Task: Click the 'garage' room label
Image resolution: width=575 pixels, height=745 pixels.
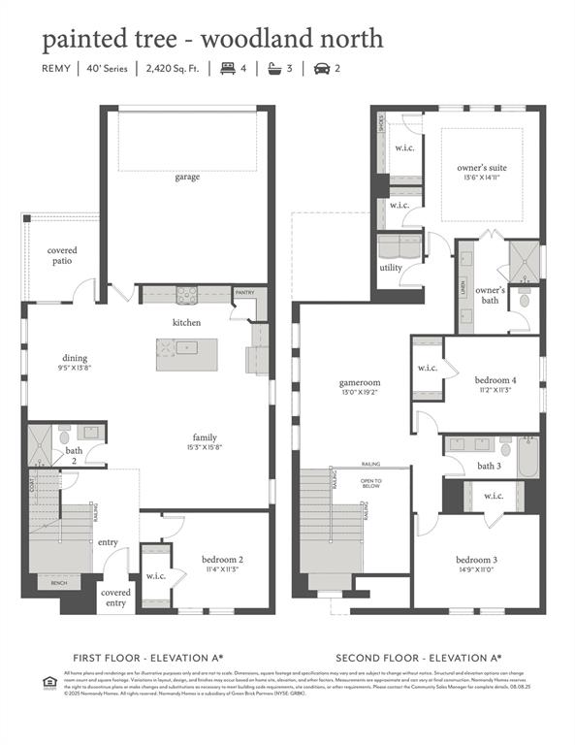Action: pyautogui.click(x=187, y=178)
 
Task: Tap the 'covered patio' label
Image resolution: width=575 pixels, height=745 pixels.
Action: pyautogui.click(x=62, y=256)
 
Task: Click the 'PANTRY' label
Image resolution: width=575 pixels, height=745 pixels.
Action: pyautogui.click(x=244, y=291)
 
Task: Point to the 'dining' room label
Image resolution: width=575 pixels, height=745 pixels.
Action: pyautogui.click(x=75, y=359)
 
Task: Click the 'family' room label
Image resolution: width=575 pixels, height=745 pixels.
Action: pyautogui.click(x=205, y=437)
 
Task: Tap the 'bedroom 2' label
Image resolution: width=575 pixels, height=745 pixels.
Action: pyautogui.click(x=222, y=561)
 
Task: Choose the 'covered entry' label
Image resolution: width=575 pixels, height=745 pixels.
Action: pyautogui.click(x=115, y=598)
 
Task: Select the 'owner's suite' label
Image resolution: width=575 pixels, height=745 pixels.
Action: pyautogui.click(x=482, y=168)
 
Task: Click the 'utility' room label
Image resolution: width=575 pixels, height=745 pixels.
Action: pyautogui.click(x=391, y=268)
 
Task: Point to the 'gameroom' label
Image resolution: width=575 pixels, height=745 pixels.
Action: pyautogui.click(x=359, y=382)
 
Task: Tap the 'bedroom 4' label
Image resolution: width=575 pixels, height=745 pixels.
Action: pyautogui.click(x=495, y=380)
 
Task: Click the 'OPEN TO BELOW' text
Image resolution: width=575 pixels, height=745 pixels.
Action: pyautogui.click(x=371, y=483)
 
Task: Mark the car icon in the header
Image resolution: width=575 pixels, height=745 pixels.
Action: pyautogui.click(x=320, y=69)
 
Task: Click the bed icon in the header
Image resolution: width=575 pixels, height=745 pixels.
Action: pyautogui.click(x=229, y=69)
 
